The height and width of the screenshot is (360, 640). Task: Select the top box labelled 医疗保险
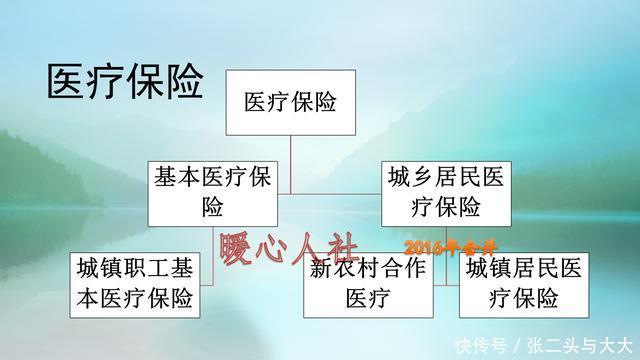[290, 102]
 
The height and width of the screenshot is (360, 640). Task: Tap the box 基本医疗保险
[213, 193]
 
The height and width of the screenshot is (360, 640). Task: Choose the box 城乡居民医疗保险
[446, 193]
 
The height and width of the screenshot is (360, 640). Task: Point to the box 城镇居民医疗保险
[512, 284]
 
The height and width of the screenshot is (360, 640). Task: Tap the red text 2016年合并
[450, 246]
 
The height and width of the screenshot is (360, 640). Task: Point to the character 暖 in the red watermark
[239, 248]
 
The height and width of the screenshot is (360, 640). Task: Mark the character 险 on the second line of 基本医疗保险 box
[213, 208]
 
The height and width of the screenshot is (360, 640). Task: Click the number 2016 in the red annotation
[425, 246]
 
